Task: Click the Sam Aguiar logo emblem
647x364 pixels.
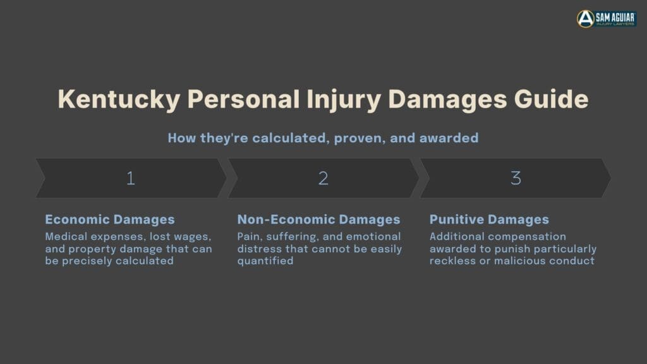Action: pyautogui.click(x=585, y=18)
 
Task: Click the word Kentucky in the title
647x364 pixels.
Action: pyautogui.click(x=119, y=99)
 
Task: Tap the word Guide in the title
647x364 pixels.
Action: pyautogui.click(x=551, y=99)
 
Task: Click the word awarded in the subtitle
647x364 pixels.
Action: pyautogui.click(x=449, y=138)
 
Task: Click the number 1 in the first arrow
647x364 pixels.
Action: pyautogui.click(x=131, y=178)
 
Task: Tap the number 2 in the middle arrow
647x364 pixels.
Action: pyautogui.click(x=323, y=178)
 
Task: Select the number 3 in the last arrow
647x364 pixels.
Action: pyautogui.click(x=516, y=178)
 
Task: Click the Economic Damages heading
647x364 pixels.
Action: pyautogui.click(x=110, y=219)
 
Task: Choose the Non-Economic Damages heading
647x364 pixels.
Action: pyautogui.click(x=318, y=219)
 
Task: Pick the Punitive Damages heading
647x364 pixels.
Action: pyautogui.click(x=489, y=219)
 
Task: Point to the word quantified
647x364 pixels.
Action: pyautogui.click(x=265, y=261)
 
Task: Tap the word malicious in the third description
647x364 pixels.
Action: pyautogui.click(x=520, y=261)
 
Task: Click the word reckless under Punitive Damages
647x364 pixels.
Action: pyautogui.click(x=452, y=261)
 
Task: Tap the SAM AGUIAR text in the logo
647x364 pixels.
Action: pyautogui.click(x=615, y=17)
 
